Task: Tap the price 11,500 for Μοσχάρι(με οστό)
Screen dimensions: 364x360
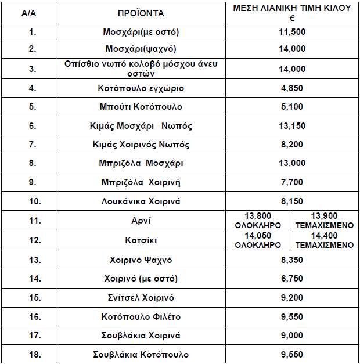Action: click(x=292, y=31)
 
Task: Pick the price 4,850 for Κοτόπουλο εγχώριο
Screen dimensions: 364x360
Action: click(x=292, y=88)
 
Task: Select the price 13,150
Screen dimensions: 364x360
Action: click(x=292, y=126)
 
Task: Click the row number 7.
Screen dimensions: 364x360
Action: click(x=33, y=145)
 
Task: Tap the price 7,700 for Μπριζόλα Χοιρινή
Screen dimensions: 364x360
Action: click(x=292, y=182)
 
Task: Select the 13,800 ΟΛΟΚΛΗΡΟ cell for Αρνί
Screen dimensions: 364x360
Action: click(x=258, y=221)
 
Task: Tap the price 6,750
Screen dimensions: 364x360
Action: click(x=292, y=279)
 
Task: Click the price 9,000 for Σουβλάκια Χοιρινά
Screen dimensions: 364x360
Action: click(x=292, y=336)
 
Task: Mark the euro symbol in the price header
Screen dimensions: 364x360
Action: click(x=293, y=18)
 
